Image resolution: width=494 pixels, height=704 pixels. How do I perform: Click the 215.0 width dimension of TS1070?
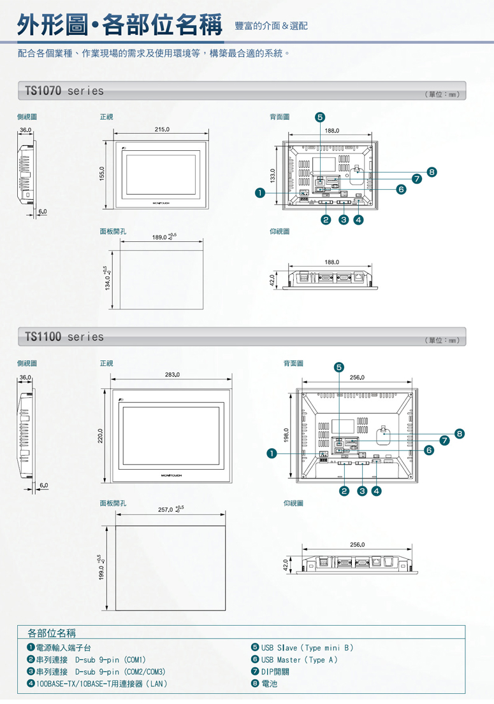[x=162, y=129]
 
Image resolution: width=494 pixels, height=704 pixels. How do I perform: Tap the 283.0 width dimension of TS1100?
[x=172, y=375]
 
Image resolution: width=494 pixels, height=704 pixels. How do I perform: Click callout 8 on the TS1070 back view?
[x=432, y=172]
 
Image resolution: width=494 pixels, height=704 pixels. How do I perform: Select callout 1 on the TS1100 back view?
[x=272, y=454]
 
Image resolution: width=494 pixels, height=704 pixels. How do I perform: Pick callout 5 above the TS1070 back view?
[x=319, y=117]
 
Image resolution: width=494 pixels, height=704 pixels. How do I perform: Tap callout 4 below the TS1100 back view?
[x=377, y=491]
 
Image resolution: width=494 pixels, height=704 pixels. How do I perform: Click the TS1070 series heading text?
[x=64, y=91]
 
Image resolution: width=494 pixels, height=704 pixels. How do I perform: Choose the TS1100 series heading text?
[x=64, y=337]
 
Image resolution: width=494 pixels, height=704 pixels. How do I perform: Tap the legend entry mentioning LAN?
[x=102, y=684]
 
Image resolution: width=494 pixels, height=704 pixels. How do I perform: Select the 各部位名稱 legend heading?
[x=52, y=633]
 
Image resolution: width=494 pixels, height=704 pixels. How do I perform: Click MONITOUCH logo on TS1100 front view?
[x=171, y=474]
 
